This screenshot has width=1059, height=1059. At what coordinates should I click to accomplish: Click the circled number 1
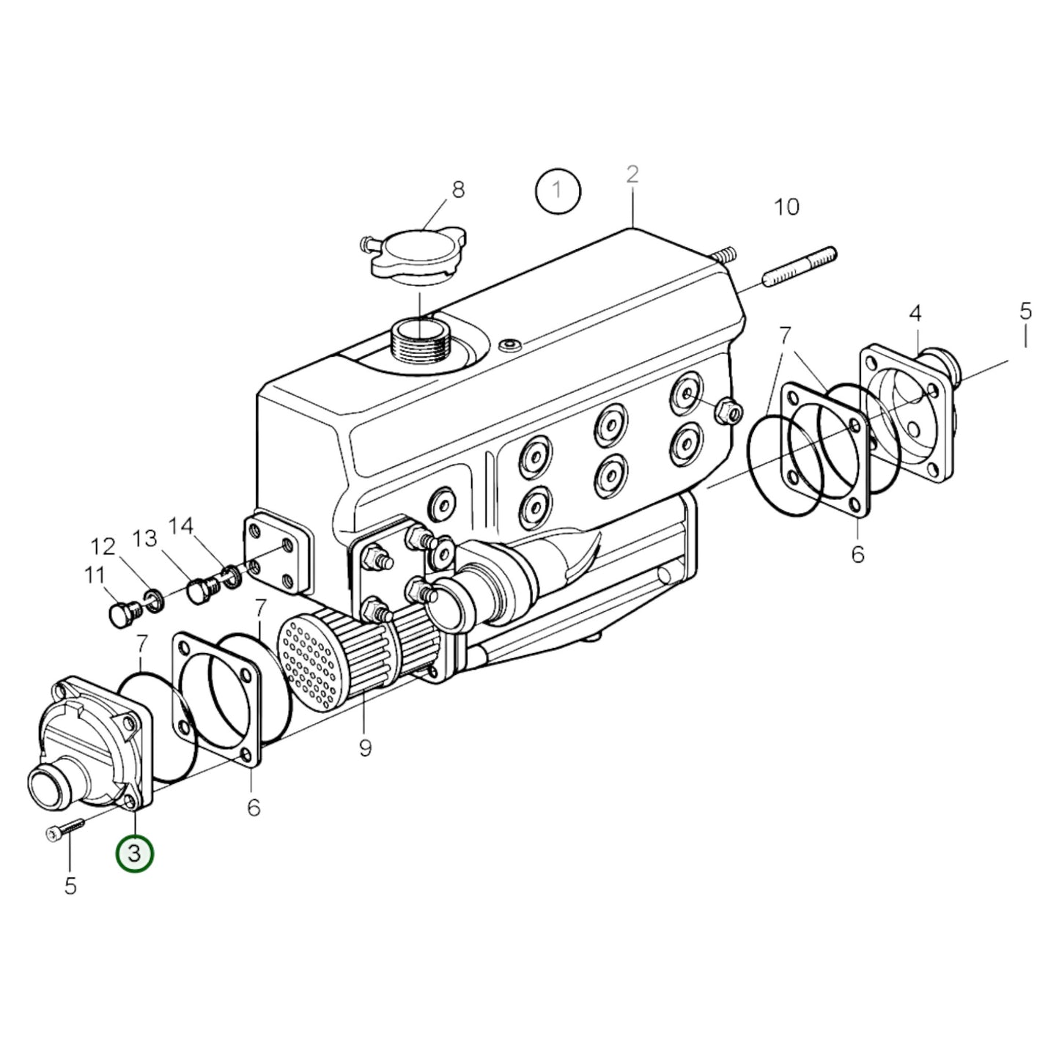(557, 191)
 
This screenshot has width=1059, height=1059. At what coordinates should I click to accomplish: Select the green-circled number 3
(135, 854)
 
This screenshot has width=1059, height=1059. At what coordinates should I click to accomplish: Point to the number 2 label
(632, 174)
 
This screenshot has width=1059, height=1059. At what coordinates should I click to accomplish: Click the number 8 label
(458, 190)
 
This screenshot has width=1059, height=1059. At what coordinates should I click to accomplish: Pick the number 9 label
(365, 748)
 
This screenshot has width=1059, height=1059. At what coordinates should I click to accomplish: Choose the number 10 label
(786, 207)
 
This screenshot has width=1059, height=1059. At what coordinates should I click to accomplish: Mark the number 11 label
(94, 576)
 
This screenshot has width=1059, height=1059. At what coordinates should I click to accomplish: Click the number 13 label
(145, 539)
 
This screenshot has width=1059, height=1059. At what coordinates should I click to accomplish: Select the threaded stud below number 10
(800, 267)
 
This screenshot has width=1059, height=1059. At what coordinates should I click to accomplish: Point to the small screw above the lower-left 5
(64, 828)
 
